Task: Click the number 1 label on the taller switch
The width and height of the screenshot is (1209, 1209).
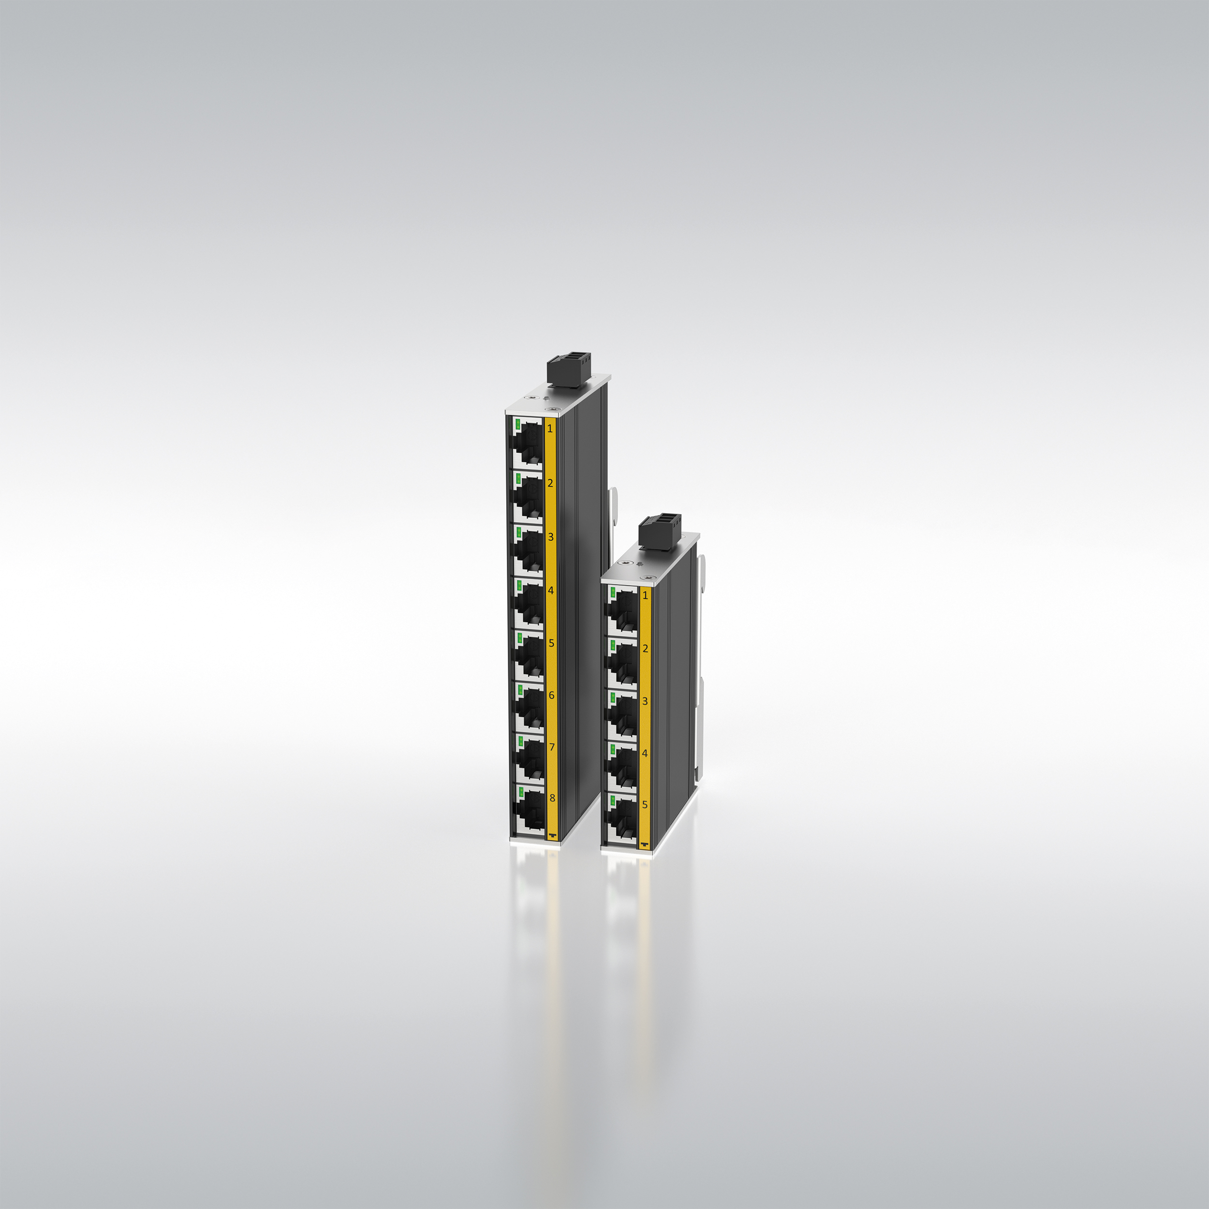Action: pos(550,428)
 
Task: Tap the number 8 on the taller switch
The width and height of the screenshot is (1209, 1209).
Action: pos(552,798)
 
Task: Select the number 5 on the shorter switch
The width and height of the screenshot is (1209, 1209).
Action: pos(645,805)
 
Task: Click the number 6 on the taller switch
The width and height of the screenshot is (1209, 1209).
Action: pos(551,695)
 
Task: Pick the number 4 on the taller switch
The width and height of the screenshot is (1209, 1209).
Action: pos(551,590)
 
